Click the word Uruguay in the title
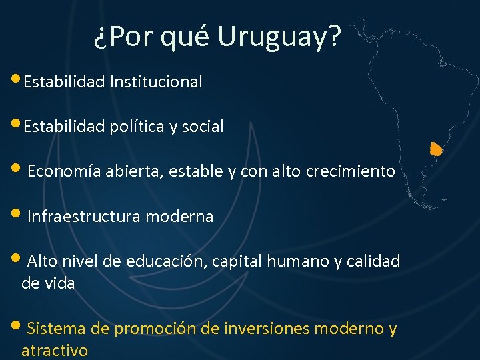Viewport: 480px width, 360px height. pyautogui.click(x=279, y=39)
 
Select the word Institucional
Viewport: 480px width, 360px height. pyautogui.click(x=156, y=82)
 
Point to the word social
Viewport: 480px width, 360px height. pyautogui.click(x=203, y=126)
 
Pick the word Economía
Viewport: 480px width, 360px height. pyautogui.click(x=64, y=171)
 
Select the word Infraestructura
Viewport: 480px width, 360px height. pyautogui.click(x=85, y=217)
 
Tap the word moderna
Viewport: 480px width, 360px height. pyautogui.click(x=179, y=217)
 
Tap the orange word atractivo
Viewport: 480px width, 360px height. pyautogui.click(x=54, y=350)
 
